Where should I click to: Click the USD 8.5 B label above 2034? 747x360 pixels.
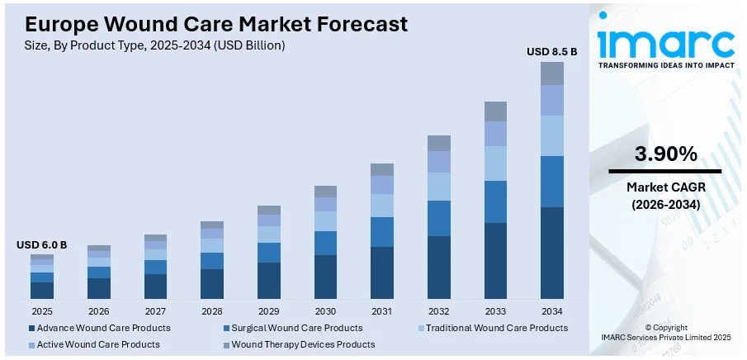(x=552, y=52)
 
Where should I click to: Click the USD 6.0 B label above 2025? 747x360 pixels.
(x=42, y=245)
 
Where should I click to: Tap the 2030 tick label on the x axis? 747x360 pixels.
(x=325, y=311)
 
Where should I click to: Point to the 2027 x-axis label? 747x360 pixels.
(x=155, y=311)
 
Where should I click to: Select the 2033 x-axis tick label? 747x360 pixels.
(x=495, y=311)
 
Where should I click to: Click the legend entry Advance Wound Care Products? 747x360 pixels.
(x=98, y=328)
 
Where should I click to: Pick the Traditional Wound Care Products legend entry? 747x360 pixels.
(x=491, y=328)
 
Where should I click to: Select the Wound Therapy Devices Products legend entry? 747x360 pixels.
(x=303, y=344)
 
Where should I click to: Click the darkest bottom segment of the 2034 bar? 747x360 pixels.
(x=552, y=253)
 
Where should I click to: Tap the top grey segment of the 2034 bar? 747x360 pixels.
(x=552, y=73)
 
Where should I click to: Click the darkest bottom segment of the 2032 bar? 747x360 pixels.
(x=439, y=267)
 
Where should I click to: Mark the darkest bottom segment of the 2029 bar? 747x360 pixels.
(x=269, y=280)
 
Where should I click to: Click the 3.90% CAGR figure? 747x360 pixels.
(x=665, y=154)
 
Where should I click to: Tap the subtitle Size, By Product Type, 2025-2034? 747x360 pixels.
(x=155, y=45)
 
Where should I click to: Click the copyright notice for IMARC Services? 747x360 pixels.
(x=665, y=332)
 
